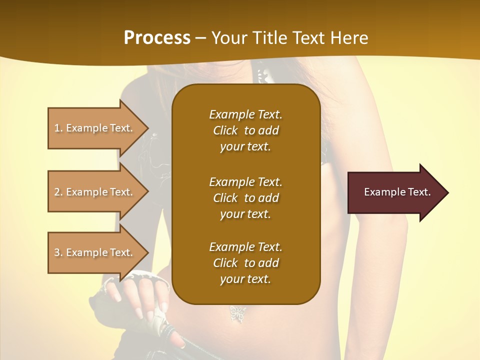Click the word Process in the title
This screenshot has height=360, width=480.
pyautogui.click(x=157, y=38)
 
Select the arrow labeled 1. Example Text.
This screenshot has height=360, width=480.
pyautogui.click(x=95, y=128)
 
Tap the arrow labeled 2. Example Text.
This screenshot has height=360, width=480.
pyautogui.click(x=95, y=192)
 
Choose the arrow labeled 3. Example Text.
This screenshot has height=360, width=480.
pyautogui.click(x=95, y=252)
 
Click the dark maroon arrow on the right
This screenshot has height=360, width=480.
pyautogui.click(x=395, y=192)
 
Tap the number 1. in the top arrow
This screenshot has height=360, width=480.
pyautogui.click(x=58, y=128)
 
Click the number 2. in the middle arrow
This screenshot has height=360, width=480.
pyautogui.click(x=58, y=192)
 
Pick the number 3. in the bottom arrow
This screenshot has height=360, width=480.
pyautogui.click(x=58, y=252)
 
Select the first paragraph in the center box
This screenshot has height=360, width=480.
pyautogui.click(x=245, y=130)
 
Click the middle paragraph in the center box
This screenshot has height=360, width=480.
pyautogui.click(x=245, y=198)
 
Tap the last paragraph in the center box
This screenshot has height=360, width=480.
pyautogui.click(x=245, y=263)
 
